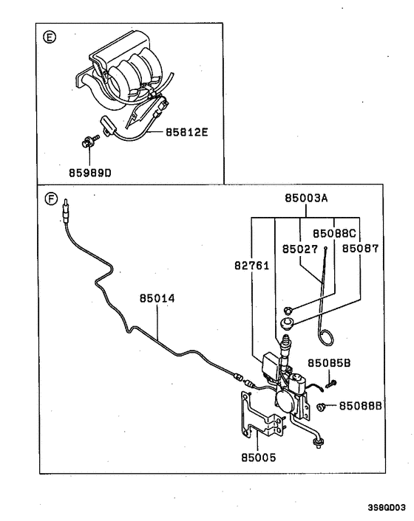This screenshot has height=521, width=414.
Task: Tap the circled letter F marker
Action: pyautogui.click(x=50, y=199)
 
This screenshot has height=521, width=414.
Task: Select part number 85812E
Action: pyautogui.click(x=187, y=132)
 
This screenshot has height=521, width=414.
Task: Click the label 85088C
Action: pyautogui.click(x=334, y=232)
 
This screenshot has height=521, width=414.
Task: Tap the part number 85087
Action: pyautogui.click(x=360, y=249)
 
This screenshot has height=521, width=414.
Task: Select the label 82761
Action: pyautogui.click(x=245, y=266)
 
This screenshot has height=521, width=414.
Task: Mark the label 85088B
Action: pyautogui.click(x=361, y=405)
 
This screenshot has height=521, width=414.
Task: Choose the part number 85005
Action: pyautogui.click(x=258, y=458)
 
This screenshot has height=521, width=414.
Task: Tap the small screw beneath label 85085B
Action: pyautogui.click(x=333, y=382)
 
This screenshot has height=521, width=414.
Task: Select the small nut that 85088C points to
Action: pyautogui.click(x=288, y=310)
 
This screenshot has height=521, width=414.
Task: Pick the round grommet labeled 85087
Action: pyautogui.click(x=288, y=323)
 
